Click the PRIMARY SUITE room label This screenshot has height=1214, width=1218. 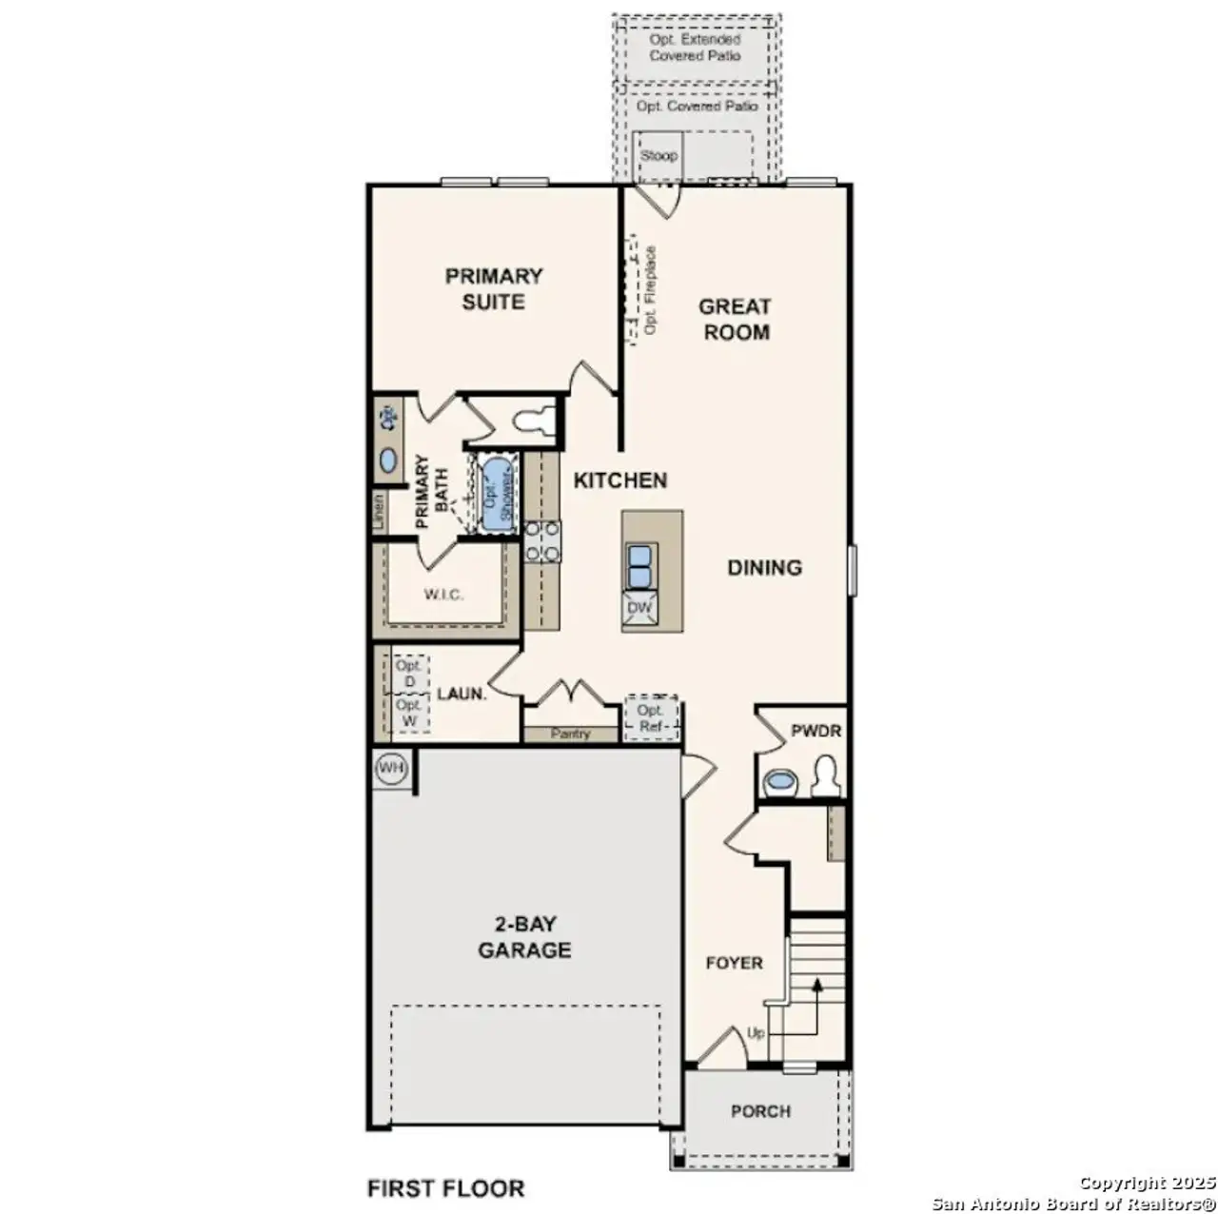click(494, 289)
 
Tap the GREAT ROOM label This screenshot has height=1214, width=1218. click(736, 320)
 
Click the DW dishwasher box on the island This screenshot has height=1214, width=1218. click(639, 607)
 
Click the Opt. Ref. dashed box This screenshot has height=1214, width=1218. click(651, 718)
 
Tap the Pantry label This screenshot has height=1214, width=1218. click(570, 734)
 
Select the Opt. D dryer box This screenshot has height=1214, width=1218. click(410, 675)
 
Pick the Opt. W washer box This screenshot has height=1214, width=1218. click(410, 714)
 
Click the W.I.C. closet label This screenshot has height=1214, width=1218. click(443, 595)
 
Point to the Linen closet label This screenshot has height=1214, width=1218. click(379, 512)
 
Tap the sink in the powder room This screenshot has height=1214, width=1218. click(780, 782)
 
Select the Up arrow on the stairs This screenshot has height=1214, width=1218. click(815, 989)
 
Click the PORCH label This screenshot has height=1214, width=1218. click(760, 1111)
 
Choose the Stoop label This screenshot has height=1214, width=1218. click(658, 155)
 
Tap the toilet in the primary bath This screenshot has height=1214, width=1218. click(529, 420)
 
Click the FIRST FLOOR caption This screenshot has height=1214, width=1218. click(445, 1188)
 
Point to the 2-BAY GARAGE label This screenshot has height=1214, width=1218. click(524, 937)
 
